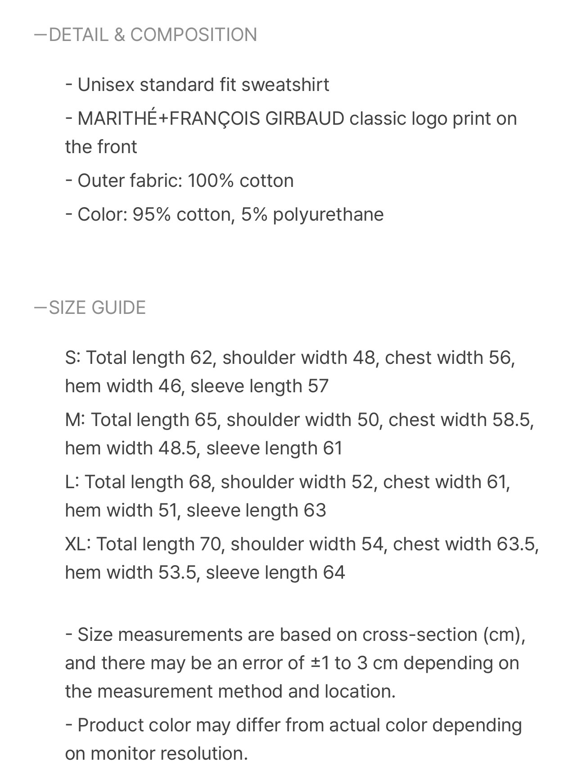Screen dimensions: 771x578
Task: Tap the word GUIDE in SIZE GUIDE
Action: (x=118, y=308)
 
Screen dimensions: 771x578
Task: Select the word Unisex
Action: (x=106, y=85)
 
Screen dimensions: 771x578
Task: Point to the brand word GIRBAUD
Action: (x=305, y=118)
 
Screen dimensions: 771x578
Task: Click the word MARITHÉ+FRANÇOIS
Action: (x=169, y=118)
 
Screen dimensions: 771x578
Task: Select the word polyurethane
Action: (x=328, y=214)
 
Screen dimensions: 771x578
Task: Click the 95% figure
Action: (x=151, y=214)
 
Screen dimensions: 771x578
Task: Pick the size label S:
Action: (x=73, y=358)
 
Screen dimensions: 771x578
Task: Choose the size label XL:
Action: (x=78, y=544)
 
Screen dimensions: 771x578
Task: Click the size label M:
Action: (x=75, y=420)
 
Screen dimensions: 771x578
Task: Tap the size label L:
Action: (x=72, y=482)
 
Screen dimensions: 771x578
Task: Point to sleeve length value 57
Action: (x=318, y=386)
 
